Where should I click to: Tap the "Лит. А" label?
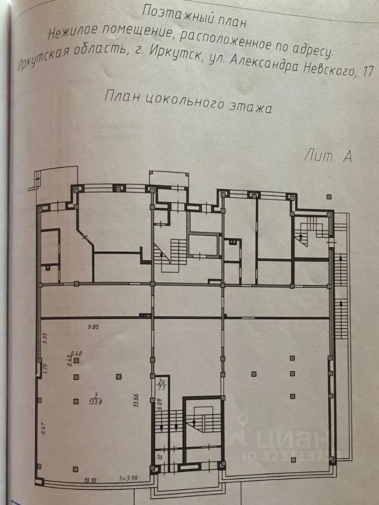click(327, 155)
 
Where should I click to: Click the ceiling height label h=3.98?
click(129, 480)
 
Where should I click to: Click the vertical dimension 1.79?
click(45, 369)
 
